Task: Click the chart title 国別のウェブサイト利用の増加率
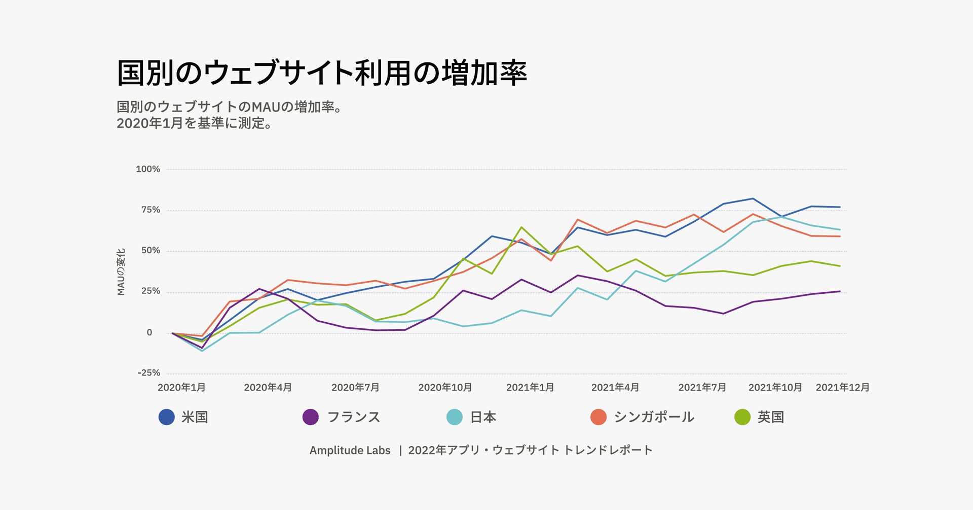point(322,73)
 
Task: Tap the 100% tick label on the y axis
point(148,169)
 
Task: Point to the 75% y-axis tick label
point(151,210)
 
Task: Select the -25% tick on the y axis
point(148,373)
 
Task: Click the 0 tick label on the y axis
point(149,333)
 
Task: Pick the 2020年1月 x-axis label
point(181,388)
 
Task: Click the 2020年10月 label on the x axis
point(445,388)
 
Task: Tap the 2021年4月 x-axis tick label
point(615,388)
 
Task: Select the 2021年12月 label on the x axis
point(842,388)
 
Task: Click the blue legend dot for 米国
point(167,417)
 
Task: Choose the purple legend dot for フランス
point(311,417)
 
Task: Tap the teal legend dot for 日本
point(455,417)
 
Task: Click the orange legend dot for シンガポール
point(598,417)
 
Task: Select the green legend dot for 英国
point(742,417)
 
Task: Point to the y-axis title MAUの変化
point(121,271)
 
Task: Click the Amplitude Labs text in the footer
point(350,451)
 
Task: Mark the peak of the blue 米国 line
point(753,198)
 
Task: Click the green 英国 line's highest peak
point(521,227)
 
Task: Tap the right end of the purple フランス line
point(840,291)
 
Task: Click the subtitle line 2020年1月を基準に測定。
point(194,123)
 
